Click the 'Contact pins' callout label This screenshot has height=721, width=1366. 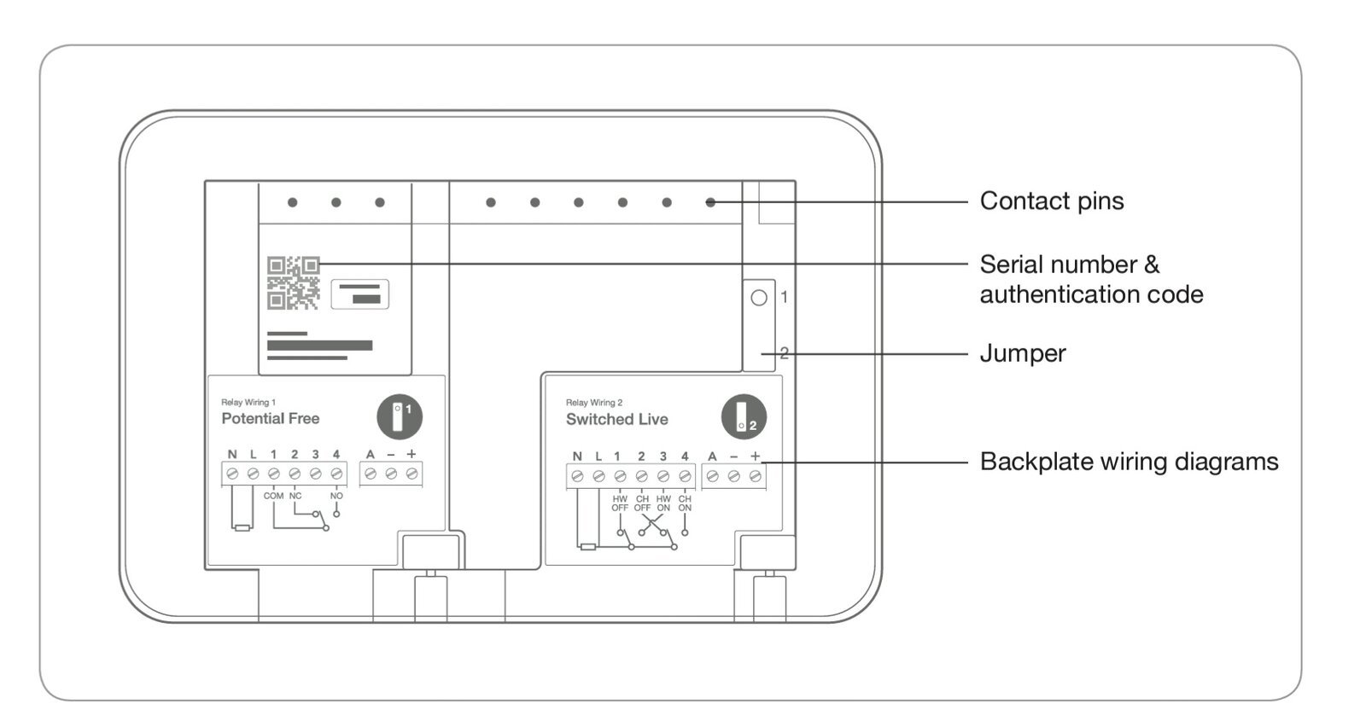click(x=1051, y=201)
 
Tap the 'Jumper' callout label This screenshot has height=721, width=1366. click(x=1022, y=353)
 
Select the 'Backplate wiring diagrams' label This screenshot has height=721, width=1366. click(x=1129, y=462)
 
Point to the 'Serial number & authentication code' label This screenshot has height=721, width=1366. click(x=1090, y=279)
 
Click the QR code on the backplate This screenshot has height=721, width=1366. click(x=293, y=282)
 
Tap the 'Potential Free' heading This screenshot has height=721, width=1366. click(x=270, y=418)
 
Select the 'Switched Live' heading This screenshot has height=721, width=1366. click(x=616, y=419)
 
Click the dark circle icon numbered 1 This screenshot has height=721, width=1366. click(x=400, y=416)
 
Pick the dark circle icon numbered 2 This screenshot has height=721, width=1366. click(x=744, y=417)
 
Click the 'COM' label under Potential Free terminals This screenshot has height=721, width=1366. click(x=273, y=496)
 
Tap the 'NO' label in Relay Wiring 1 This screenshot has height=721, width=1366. click(x=336, y=496)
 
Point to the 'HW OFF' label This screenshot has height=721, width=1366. click(x=620, y=503)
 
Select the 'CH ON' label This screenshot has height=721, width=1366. click(x=685, y=503)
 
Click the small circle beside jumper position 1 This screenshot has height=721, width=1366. click(x=758, y=298)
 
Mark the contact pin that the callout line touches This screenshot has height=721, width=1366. click(x=710, y=202)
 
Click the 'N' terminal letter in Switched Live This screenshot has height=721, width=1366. click(x=577, y=456)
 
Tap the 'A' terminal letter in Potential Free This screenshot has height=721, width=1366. click(x=370, y=454)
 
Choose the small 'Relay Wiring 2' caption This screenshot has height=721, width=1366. click(x=594, y=403)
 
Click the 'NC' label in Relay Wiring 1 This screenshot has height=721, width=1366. click(x=295, y=496)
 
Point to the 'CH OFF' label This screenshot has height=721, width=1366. click(x=642, y=503)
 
